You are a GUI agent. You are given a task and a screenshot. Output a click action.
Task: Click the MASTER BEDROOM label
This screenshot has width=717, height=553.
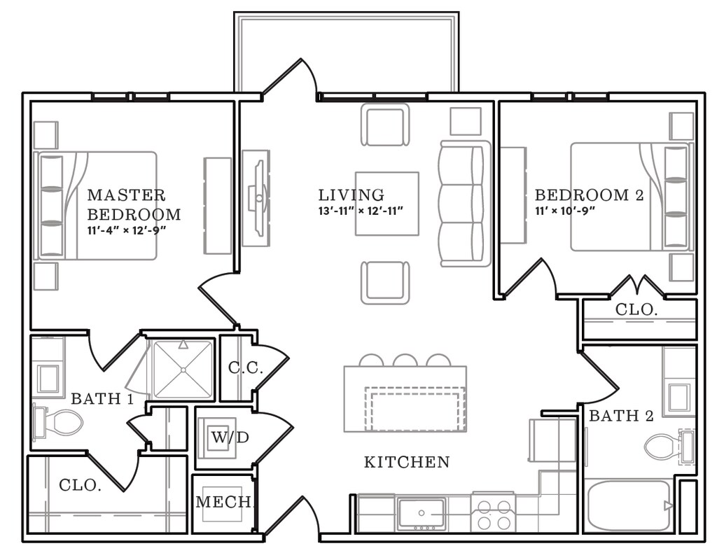click(134, 204)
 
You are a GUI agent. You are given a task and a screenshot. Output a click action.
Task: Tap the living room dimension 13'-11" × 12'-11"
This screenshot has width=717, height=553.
click(361, 211)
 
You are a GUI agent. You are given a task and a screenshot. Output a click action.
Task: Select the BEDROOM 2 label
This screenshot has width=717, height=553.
click(590, 195)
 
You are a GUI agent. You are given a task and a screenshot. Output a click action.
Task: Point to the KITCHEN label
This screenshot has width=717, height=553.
click(407, 462)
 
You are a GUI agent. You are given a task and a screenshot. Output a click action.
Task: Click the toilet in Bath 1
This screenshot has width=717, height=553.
click(58, 421)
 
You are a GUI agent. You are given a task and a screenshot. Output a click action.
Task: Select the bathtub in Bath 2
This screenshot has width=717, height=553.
click(629, 505)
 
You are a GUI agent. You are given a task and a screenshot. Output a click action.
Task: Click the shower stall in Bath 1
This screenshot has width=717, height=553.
click(183, 369)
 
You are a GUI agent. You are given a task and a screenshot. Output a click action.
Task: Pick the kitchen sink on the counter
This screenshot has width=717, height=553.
click(421, 513)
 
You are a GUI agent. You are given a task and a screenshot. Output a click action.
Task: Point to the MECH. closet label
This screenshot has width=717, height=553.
click(225, 503)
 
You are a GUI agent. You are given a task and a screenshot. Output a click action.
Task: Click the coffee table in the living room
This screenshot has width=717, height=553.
click(387, 204)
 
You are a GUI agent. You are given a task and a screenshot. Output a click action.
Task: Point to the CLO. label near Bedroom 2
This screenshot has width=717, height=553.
click(636, 310)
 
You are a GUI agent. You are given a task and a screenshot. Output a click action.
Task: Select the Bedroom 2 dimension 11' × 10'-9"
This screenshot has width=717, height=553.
click(566, 211)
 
